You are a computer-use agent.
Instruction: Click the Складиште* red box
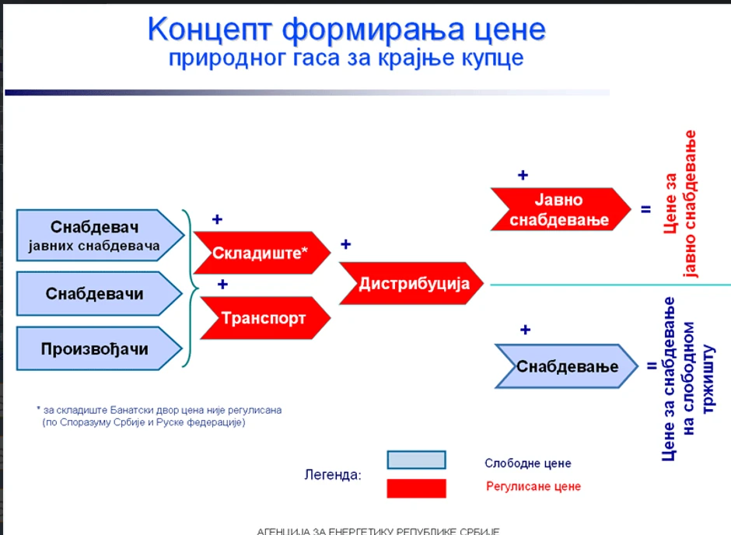tap(261, 252)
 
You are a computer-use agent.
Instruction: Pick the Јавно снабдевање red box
tap(559, 209)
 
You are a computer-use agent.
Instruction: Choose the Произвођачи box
tap(95, 348)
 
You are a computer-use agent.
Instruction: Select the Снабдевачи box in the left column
tap(95, 294)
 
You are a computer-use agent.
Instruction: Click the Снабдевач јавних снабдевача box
tap(95, 236)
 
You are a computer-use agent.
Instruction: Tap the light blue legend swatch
tap(416, 460)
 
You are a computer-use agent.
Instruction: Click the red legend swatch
tap(416, 488)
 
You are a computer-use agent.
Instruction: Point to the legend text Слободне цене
tap(527, 463)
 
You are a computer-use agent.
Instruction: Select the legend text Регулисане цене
tap(533, 487)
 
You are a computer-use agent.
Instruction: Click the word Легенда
tap(333, 474)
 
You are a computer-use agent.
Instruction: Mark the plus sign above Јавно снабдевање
tap(523, 175)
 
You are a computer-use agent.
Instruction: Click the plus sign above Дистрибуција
tap(345, 244)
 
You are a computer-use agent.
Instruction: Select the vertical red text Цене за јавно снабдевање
tap(680, 204)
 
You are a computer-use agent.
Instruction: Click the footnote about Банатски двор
tap(159, 416)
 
